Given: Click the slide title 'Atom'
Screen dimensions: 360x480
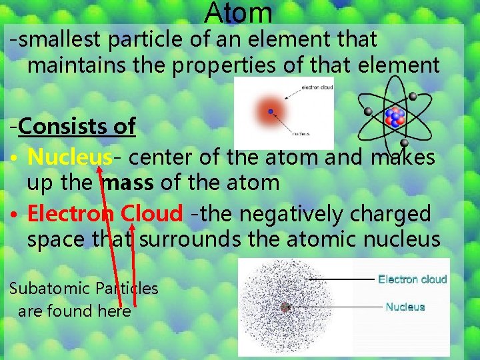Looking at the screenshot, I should click(239, 13).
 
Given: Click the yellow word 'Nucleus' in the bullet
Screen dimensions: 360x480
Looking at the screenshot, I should click(69, 157).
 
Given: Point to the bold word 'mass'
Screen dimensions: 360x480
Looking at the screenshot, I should click(127, 183).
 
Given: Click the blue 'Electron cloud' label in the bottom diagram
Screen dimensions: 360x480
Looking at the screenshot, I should click(412, 279).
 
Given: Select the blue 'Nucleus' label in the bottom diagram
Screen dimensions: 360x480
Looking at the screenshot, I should click(405, 307).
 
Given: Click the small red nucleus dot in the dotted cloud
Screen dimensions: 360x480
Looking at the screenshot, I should click(285, 307).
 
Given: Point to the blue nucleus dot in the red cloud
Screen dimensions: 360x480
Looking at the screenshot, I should click(271, 112).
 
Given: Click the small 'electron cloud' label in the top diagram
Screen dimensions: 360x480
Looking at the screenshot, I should click(317, 87).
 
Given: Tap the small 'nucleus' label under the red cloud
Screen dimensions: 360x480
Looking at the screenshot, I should click(301, 133).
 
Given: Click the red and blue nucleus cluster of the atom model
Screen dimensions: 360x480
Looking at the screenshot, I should click(395, 117).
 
